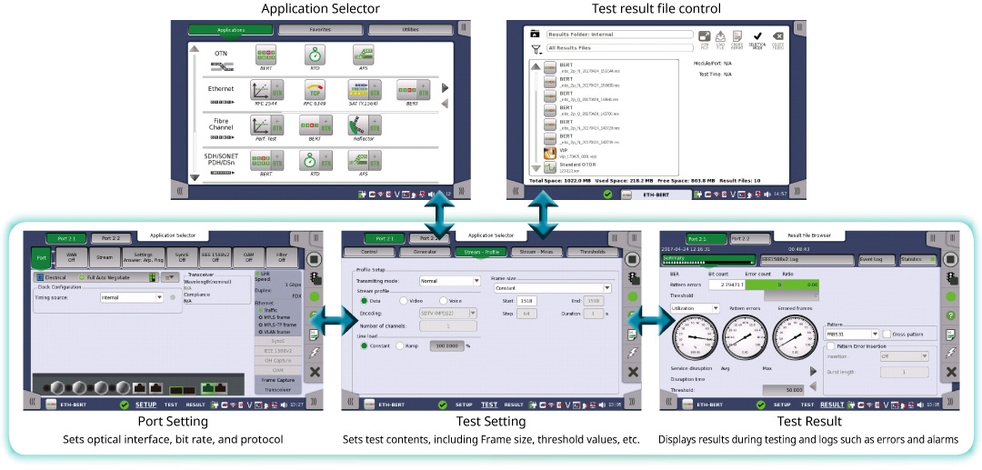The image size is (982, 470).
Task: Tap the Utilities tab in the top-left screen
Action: [410, 30]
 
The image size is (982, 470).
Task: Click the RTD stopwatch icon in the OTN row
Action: [316, 55]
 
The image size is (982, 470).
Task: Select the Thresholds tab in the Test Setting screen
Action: [594, 252]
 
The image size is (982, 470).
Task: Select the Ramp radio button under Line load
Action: [400, 345]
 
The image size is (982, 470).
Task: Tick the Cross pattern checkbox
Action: [887, 335]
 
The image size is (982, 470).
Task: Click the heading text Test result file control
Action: [655, 9]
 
